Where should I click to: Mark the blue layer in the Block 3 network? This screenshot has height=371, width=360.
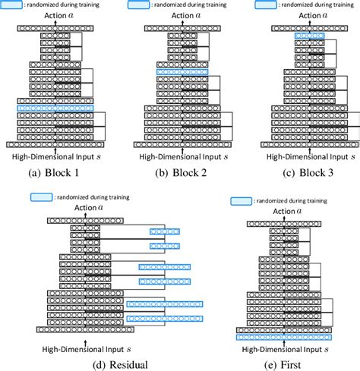pos(309,35)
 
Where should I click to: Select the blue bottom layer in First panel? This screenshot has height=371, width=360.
pos(285,337)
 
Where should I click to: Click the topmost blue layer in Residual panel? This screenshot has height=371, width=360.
pos(164,231)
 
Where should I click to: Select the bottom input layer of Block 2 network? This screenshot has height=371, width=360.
pos(178,143)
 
